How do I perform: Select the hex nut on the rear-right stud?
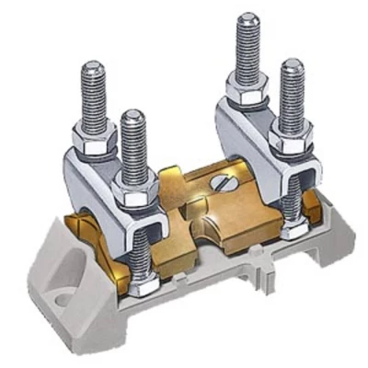tap(248, 95)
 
